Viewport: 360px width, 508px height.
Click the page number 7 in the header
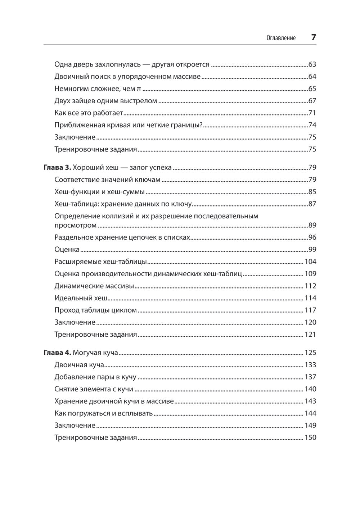pyautogui.click(x=313, y=37)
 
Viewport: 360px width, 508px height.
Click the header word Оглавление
pyautogui.click(x=281, y=38)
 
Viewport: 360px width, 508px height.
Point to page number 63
pyautogui.click(x=312, y=65)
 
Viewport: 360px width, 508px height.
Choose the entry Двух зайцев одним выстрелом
pyautogui.click(x=105, y=101)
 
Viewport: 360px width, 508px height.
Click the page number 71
pyautogui.click(x=312, y=113)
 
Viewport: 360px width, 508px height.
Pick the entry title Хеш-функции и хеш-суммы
pyautogui.click(x=99, y=192)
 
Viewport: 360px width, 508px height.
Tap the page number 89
pyautogui.click(x=312, y=226)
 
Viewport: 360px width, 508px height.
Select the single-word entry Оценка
pyautogui.click(x=67, y=250)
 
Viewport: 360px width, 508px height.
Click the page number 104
pyautogui.click(x=310, y=262)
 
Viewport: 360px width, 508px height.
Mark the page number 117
pyautogui.click(x=310, y=310)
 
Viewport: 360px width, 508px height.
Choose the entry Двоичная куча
pyautogui.click(x=79, y=365)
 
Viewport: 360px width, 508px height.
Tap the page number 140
pyautogui.click(x=310, y=389)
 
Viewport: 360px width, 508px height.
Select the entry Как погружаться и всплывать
pyautogui.click(x=104, y=413)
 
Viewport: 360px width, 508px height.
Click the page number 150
pyautogui.click(x=310, y=438)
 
